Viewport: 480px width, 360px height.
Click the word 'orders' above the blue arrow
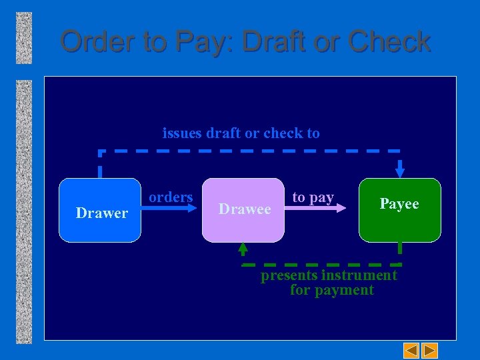point(171,197)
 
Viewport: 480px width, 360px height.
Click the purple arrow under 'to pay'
point(319,208)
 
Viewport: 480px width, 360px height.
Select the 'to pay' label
point(313,197)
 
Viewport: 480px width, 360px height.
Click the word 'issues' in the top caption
point(182,133)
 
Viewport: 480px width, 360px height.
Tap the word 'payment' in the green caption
point(346,290)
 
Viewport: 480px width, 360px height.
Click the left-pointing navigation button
point(412,349)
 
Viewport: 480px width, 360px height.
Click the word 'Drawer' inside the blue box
point(101,213)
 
